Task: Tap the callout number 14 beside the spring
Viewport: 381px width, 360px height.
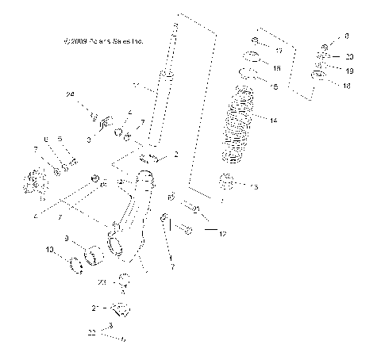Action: pos(274,121)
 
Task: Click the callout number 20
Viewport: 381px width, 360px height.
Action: pos(350,56)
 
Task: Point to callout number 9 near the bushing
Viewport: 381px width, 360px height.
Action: pos(67,237)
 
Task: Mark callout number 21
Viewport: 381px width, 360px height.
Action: pos(95,307)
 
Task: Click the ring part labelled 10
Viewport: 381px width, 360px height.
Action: pos(79,264)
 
